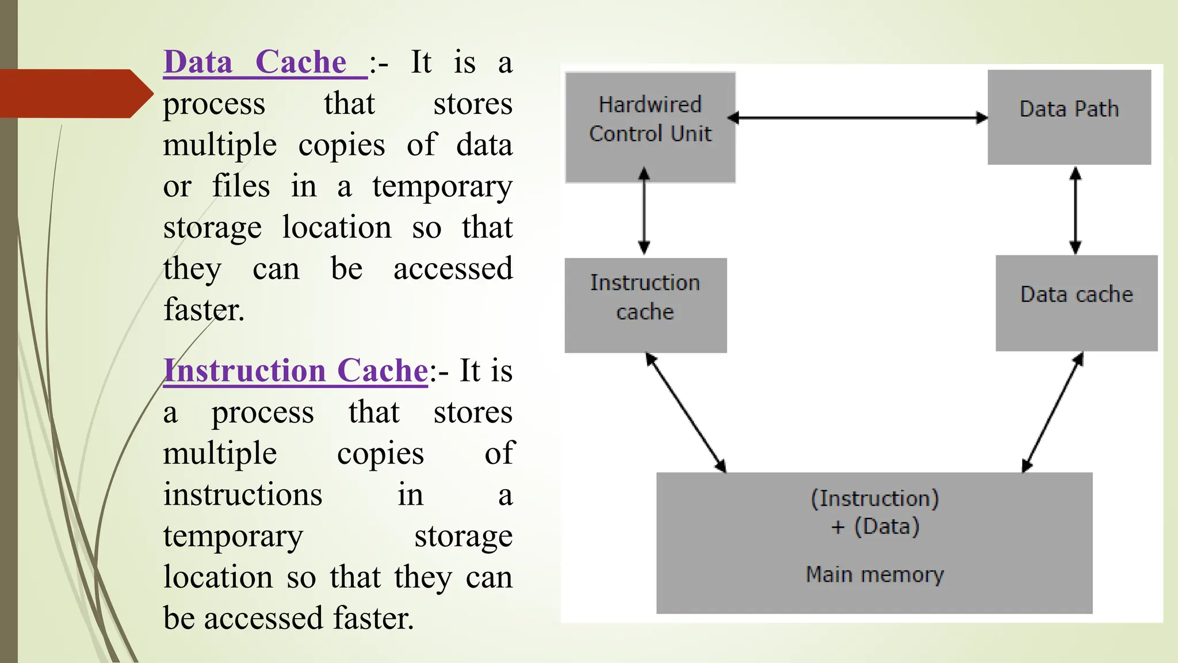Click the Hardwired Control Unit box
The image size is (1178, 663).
click(x=650, y=127)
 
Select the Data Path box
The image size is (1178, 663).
click(x=1069, y=117)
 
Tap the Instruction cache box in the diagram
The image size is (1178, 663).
click(x=645, y=305)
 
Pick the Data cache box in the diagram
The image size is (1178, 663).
click(x=1076, y=303)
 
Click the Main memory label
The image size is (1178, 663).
click(x=874, y=574)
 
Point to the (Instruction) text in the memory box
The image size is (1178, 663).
click(x=874, y=498)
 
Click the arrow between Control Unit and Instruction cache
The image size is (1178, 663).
click(x=644, y=211)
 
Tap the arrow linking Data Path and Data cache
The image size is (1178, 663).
click(x=1075, y=211)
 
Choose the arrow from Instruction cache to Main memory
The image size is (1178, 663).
click(x=686, y=412)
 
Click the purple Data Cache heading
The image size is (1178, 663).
click(x=255, y=62)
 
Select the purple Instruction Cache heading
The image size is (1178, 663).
click(x=296, y=371)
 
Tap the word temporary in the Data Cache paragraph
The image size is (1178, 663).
click(x=442, y=187)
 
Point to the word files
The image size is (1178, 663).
click(x=241, y=186)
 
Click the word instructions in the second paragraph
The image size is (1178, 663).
click(x=243, y=495)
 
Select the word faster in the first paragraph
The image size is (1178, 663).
click(x=204, y=310)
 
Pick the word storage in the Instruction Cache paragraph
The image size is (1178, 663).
click(x=463, y=536)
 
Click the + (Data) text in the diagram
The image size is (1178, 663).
click(x=874, y=527)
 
